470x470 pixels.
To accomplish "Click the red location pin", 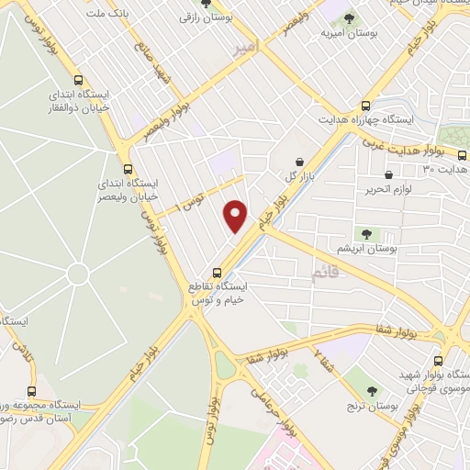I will coord(236,215).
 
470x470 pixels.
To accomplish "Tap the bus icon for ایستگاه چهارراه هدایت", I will coord(366,106).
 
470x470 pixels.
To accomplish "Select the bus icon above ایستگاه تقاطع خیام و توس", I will coord(218,272).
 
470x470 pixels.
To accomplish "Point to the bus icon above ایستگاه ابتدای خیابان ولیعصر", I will coord(128,169).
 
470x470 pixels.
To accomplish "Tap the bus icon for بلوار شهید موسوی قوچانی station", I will coord(438,361).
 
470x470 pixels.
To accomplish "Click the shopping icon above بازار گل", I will coord(298,162).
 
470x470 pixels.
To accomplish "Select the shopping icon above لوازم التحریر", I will coord(388,173).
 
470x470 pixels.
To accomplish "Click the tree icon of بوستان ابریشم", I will coord(366,234).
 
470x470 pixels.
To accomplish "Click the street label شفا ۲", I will coord(324,361).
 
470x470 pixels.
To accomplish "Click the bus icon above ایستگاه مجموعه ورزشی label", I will coord(31,391).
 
